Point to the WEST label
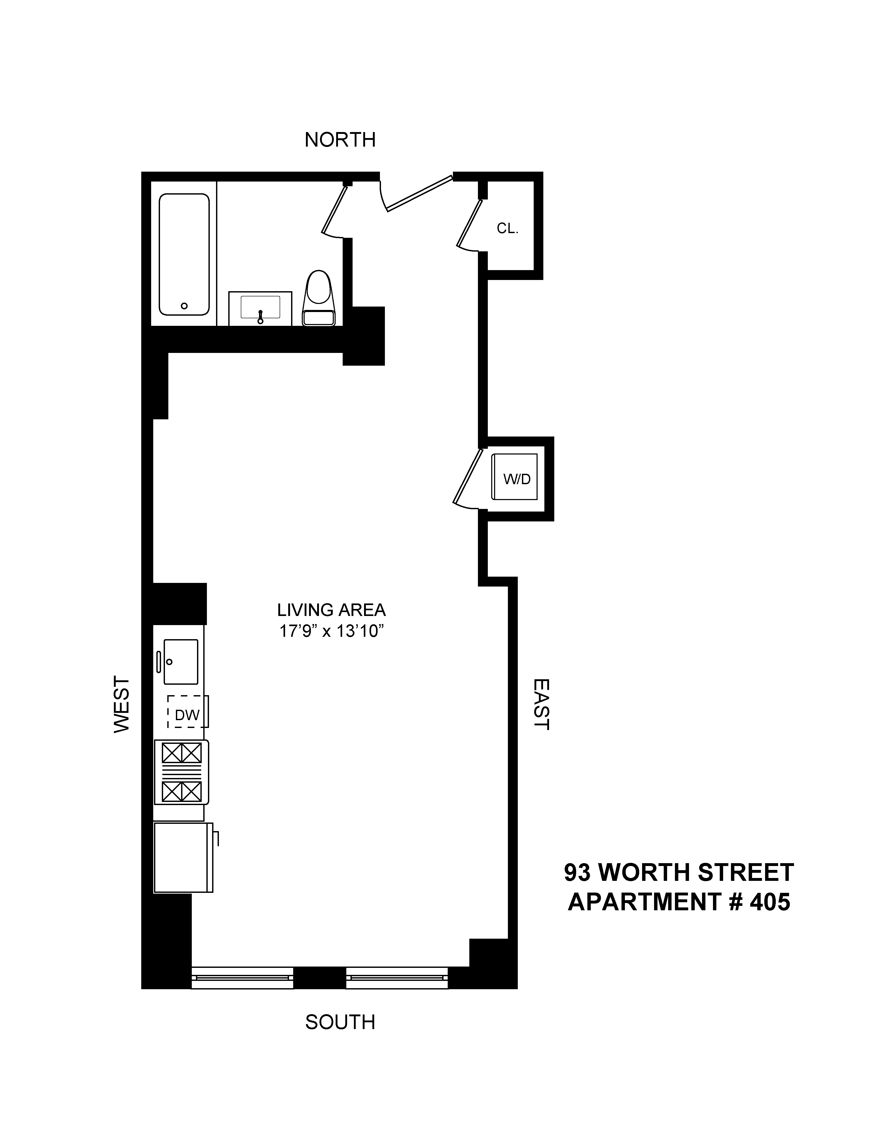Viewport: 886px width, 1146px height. (x=122, y=704)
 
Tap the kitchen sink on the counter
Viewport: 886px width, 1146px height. (x=181, y=662)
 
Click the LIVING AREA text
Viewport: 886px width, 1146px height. (x=331, y=610)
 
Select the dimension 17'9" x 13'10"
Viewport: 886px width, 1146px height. (x=331, y=631)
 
